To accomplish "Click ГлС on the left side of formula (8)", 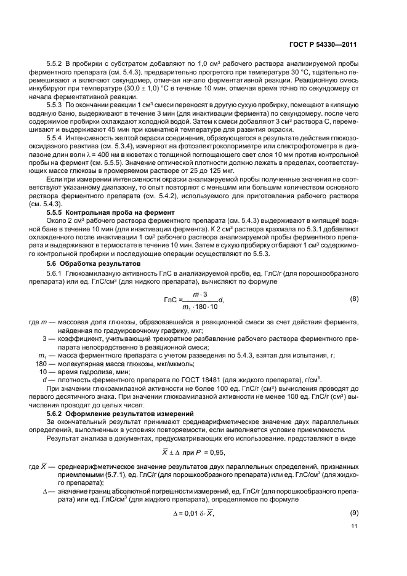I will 171,300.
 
